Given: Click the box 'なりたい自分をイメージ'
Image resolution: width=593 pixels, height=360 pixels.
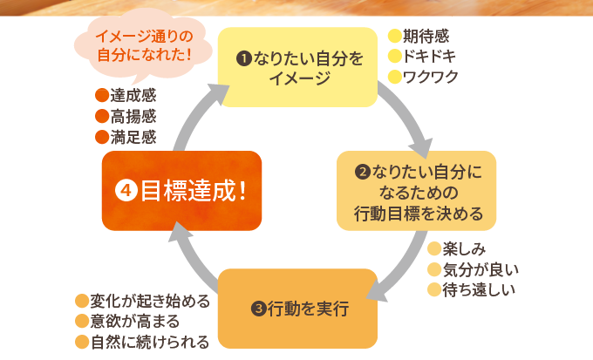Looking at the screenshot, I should (297, 67).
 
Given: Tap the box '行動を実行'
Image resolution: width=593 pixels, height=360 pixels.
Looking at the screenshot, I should (297, 309).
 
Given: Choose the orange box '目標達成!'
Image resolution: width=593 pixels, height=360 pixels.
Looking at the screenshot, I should (181, 191).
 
